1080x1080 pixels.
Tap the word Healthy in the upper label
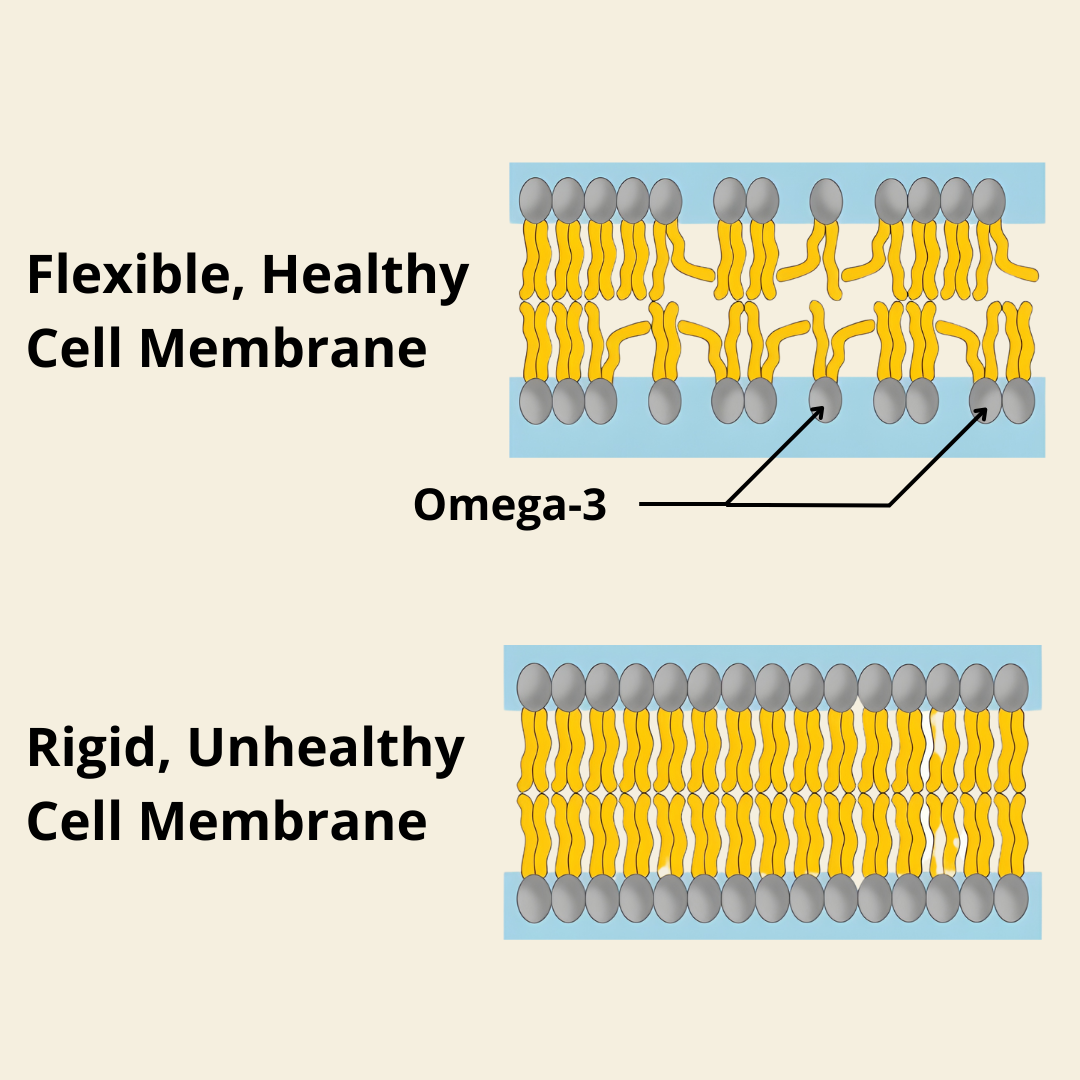[365, 276]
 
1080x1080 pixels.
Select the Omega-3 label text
[510, 505]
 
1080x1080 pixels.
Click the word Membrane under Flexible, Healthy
[283, 349]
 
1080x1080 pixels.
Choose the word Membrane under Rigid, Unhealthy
[283, 821]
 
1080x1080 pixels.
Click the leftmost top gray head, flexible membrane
[536, 200]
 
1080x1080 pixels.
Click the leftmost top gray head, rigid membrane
[535, 687]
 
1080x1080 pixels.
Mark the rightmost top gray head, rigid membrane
[1011, 687]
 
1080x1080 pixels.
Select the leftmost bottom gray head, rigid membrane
[535, 898]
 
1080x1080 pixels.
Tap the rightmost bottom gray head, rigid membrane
[1011, 898]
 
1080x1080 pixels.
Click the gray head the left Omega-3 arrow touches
[826, 399]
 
